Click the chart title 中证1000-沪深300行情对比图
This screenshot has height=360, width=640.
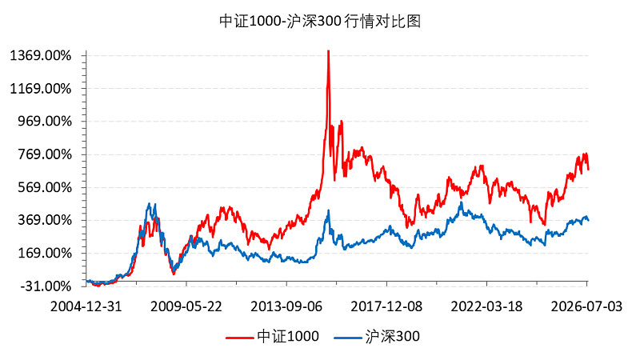pyautogui.click(x=320, y=22)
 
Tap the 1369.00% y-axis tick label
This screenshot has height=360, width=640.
pyautogui.click(x=41, y=55)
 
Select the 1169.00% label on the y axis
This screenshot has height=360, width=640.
pyautogui.click(x=41, y=89)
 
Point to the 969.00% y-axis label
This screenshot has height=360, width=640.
pyautogui.click(x=45, y=122)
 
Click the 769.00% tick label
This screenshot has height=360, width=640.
pyautogui.click(x=45, y=154)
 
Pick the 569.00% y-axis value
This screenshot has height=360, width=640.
pyautogui.click(x=45, y=187)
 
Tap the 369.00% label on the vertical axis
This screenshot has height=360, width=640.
pyautogui.click(x=45, y=221)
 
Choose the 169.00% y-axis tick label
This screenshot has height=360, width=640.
pyautogui.click(x=45, y=254)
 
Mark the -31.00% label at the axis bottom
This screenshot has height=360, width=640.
pyautogui.click(x=46, y=286)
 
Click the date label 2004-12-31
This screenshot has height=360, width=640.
pyautogui.click(x=86, y=306)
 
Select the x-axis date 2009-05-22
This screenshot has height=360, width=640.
pyautogui.click(x=186, y=306)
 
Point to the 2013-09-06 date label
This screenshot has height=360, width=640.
pyautogui.click(x=286, y=306)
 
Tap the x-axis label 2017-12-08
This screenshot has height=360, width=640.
pyautogui.click(x=386, y=306)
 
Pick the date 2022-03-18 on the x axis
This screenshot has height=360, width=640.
pyautogui.click(x=486, y=306)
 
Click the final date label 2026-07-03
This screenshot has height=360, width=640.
pyautogui.click(x=586, y=306)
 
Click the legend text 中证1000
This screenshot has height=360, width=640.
pyautogui.click(x=288, y=336)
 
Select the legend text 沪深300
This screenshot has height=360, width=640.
pyautogui.click(x=393, y=336)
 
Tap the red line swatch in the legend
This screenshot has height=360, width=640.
pyautogui.click(x=239, y=338)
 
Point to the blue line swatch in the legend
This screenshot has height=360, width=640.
pyautogui.click(x=348, y=338)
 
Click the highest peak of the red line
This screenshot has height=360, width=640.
pyautogui.click(x=329, y=50)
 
